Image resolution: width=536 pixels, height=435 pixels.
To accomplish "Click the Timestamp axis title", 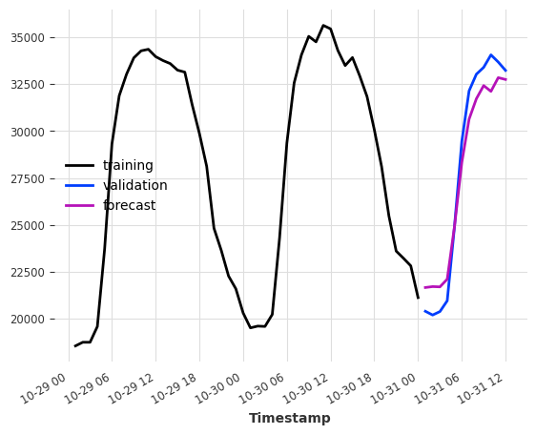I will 290,418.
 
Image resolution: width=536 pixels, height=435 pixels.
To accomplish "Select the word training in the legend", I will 128,165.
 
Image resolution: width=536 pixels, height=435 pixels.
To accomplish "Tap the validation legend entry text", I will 134,185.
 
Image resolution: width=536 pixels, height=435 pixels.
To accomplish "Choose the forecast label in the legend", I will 129,205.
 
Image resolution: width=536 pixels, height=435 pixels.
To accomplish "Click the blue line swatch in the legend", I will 80,185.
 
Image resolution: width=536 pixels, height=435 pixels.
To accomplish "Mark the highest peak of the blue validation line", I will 491,55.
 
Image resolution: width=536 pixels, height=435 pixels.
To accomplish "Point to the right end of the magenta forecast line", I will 505,79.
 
